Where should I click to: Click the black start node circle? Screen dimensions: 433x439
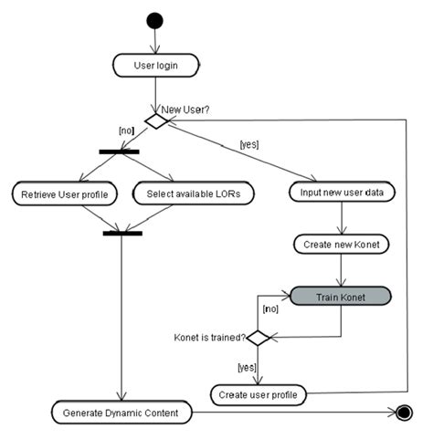point(154,21)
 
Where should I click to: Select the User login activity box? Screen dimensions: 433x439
point(156,66)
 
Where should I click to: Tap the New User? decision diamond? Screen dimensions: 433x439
point(156,121)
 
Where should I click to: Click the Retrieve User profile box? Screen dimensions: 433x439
point(65,193)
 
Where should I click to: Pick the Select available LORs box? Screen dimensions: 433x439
point(194,193)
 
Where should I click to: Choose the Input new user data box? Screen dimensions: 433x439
point(342,193)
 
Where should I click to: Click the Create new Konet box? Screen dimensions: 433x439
point(342,245)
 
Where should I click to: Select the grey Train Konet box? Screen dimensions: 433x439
point(341,297)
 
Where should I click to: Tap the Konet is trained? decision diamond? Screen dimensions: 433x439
point(258,338)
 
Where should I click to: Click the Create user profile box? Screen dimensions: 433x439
point(259,395)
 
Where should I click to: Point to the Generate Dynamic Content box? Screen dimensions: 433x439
point(121,413)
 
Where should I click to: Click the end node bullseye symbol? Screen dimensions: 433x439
point(404,413)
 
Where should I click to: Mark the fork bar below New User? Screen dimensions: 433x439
point(119,152)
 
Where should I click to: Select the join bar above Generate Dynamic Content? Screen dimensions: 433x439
point(122,234)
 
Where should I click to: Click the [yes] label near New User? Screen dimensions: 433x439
point(249,144)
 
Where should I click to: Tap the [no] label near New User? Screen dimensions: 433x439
point(126,131)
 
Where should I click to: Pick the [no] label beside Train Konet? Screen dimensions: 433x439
point(270,308)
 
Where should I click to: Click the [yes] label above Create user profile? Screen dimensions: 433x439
point(247,368)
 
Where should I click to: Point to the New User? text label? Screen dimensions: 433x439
point(185,110)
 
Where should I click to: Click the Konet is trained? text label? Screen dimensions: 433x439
point(209,338)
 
